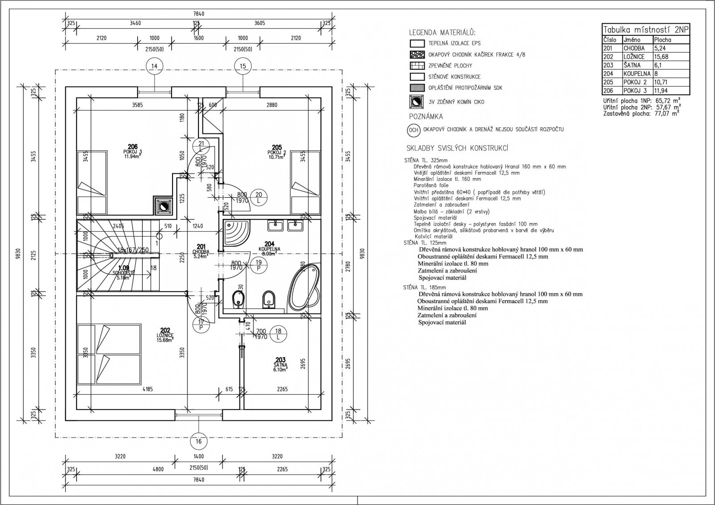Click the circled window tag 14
[155, 66]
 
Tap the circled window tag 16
[199, 442]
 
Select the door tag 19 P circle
[259, 266]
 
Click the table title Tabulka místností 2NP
[646, 29]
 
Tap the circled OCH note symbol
[413, 130]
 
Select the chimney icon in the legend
[416, 101]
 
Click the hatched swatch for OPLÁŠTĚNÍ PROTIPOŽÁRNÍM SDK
[416, 88]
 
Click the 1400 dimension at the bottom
[198, 456]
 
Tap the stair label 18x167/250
[133, 250]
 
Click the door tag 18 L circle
[278, 334]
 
